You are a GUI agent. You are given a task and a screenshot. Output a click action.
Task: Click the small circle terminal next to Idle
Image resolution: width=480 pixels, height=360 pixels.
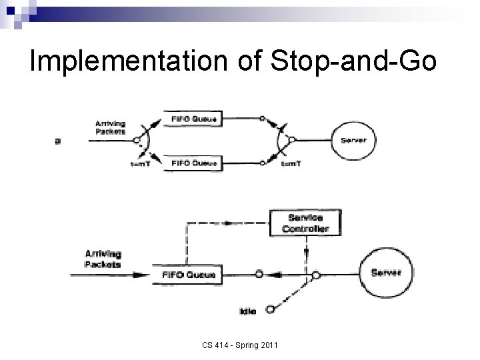point(269,309)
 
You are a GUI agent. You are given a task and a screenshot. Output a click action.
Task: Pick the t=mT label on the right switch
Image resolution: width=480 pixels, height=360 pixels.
point(291,165)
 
